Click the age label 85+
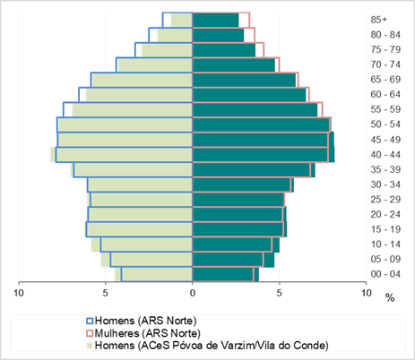coord(379,20)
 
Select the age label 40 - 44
coord(385,155)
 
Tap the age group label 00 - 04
coord(385,274)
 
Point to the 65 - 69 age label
coord(385,80)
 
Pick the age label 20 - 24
coord(385,214)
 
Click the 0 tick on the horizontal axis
coord(193,293)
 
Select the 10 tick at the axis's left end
coord(19,293)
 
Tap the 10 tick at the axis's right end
coord(367,293)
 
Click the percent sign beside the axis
coord(390,297)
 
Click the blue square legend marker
coord(90,321)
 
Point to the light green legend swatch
coord(90,346)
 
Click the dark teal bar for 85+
coord(216,20)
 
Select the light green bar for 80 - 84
coord(175,35)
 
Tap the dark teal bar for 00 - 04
coord(226,274)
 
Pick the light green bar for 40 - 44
coord(121,155)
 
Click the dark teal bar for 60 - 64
coord(249,95)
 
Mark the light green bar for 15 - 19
coord(139,229)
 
